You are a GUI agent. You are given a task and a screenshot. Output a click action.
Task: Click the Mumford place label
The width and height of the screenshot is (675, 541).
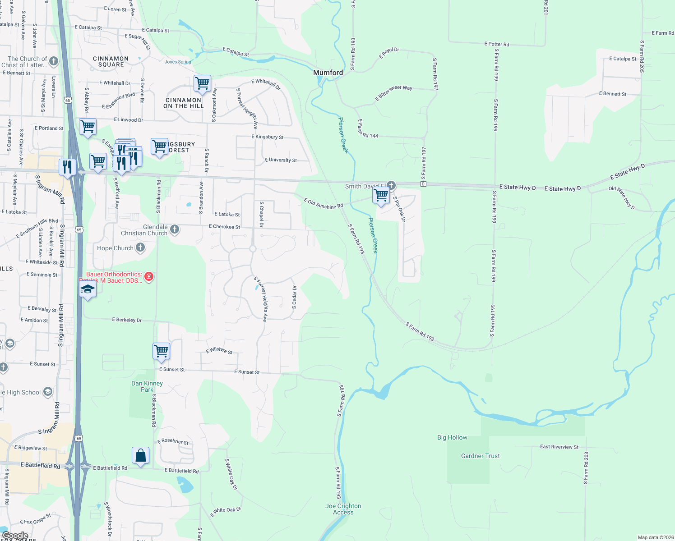coord(328,73)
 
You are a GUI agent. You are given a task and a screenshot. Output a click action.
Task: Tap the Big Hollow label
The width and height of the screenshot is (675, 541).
coord(452,437)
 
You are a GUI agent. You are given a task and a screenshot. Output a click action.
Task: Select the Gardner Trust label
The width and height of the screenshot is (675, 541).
coord(480,456)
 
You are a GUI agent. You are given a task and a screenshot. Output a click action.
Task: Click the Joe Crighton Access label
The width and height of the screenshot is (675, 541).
coord(343,509)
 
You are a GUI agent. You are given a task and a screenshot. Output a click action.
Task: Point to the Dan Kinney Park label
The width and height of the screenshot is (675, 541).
coord(147,386)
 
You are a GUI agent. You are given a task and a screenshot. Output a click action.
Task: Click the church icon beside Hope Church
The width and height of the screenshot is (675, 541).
coord(140,247)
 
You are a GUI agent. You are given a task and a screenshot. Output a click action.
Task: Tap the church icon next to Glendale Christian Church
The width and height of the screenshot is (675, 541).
coord(175,229)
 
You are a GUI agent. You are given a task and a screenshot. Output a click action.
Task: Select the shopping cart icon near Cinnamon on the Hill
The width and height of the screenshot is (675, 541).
coord(203,83)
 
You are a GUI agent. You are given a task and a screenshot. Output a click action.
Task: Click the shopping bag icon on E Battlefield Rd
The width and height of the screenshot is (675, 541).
coord(141,455)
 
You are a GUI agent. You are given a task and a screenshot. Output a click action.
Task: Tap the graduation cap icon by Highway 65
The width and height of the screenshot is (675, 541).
coord(88,289)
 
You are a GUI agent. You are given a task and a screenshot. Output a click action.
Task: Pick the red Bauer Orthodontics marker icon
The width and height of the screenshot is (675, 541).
coord(148,276)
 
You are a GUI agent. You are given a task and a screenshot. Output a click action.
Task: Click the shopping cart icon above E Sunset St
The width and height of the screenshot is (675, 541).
coord(161,350)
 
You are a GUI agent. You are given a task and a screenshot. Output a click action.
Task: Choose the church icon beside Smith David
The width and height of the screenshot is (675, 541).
coord(391,185)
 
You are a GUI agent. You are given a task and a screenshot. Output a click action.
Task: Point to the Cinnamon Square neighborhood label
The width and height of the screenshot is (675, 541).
coord(111,62)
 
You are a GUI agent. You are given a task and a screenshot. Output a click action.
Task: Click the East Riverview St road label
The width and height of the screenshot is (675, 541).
coord(559,447)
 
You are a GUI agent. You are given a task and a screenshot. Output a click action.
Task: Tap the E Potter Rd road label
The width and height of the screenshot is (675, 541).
coord(496,44)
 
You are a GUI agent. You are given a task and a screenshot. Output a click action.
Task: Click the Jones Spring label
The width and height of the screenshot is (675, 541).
coord(178,62)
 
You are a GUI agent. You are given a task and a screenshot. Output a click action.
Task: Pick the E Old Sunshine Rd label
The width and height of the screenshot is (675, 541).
coord(324,203)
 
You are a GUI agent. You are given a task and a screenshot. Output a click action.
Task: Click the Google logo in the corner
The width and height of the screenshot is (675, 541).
coord(15,536)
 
